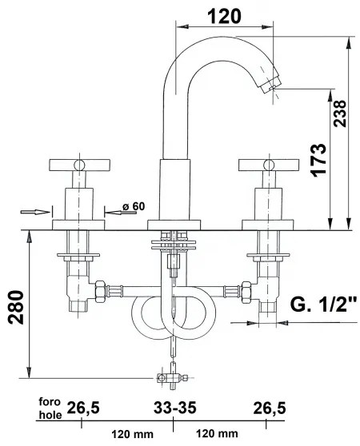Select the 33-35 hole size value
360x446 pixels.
[x=173, y=409]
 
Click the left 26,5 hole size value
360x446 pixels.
[x=83, y=409]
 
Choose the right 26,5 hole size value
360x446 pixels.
[x=269, y=409]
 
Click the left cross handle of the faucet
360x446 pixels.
[x=78, y=166]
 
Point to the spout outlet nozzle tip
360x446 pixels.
[x=274, y=85]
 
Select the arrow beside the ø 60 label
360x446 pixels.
[x=114, y=211]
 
